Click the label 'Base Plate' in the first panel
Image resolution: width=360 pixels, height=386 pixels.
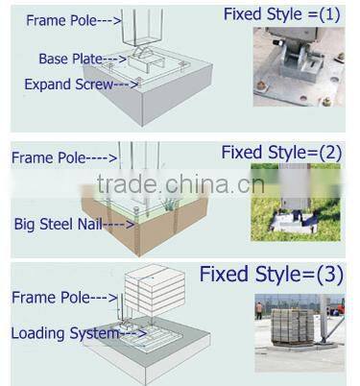click(x=70, y=59)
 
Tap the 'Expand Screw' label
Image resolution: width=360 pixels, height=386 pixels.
click(x=63, y=84)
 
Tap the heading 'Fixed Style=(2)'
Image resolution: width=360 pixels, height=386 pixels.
click(x=280, y=152)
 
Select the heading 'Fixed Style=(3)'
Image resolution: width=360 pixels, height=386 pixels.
click(x=270, y=275)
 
